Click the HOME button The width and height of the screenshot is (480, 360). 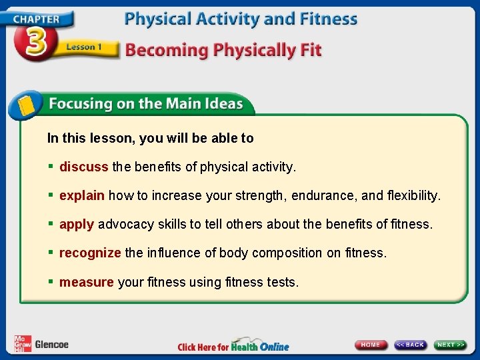pyautogui.click(x=371, y=345)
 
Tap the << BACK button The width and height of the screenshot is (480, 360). pyautogui.click(x=410, y=345)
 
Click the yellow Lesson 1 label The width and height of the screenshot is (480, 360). pyautogui.click(x=84, y=47)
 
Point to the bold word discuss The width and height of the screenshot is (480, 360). pyautogui.click(x=84, y=167)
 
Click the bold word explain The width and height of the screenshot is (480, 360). pyautogui.click(x=82, y=196)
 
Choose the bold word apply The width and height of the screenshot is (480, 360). pyautogui.click(x=77, y=225)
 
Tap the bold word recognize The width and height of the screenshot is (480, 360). pyautogui.click(x=90, y=253)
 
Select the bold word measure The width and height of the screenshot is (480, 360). pyautogui.click(x=87, y=282)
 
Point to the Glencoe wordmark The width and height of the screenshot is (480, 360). pyautogui.click(x=51, y=345)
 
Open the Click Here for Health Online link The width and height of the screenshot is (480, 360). pyautogui.click(x=233, y=346)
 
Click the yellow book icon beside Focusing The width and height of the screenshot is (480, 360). pyautogui.click(x=26, y=105)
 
